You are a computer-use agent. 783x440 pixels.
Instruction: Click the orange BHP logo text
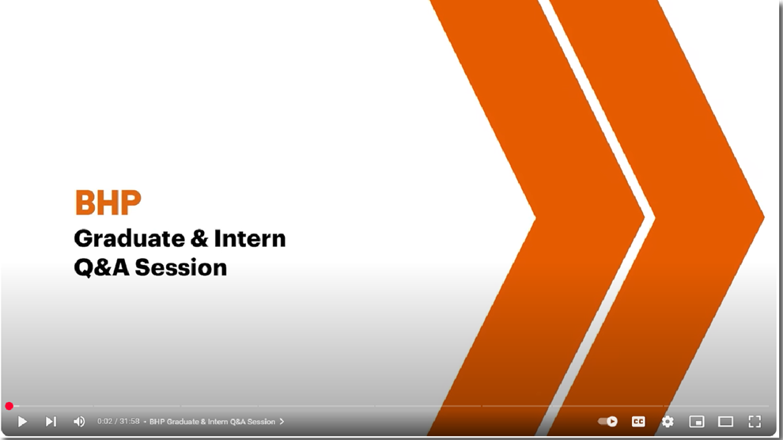[108, 203]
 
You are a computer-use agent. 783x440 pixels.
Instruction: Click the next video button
[51, 422]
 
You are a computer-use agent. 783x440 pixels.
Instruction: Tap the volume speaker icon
[79, 422]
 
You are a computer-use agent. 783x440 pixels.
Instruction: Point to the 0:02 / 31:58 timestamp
[118, 422]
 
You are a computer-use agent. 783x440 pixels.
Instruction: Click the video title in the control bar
[212, 422]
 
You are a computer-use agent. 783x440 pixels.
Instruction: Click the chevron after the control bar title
[282, 422]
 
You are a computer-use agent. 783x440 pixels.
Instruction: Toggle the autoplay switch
[607, 422]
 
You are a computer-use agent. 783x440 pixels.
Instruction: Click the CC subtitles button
[638, 422]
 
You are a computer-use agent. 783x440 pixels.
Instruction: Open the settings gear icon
[668, 422]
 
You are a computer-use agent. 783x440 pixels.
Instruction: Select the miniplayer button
[697, 422]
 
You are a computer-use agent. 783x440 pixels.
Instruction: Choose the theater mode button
[725, 422]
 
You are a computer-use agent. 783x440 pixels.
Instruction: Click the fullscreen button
[755, 422]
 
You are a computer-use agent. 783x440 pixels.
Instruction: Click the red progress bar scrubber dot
[9, 406]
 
